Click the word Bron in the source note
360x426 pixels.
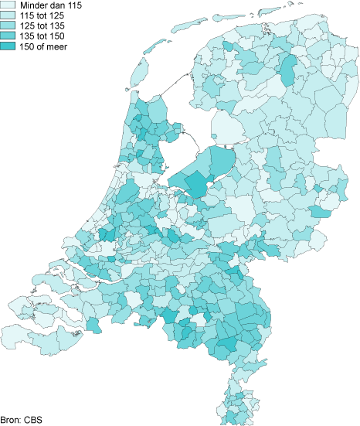point(10,420)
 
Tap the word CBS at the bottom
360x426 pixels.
point(32,420)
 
